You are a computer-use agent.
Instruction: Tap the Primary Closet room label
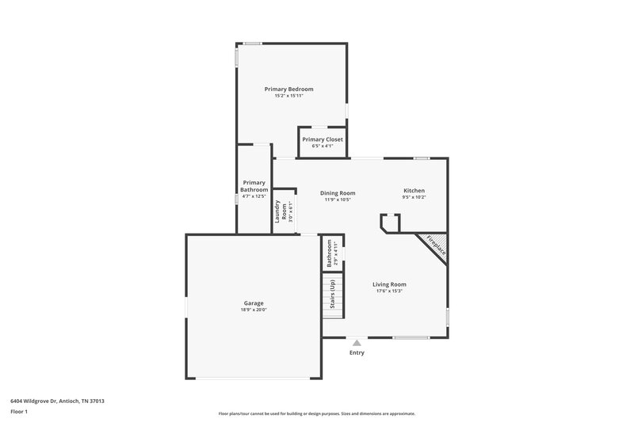point(323,139)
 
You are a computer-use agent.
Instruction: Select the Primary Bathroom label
point(254,186)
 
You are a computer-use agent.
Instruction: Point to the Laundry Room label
point(278,211)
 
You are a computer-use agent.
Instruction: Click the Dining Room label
point(338,192)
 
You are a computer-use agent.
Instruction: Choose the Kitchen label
point(414,191)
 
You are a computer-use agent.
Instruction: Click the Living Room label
point(390,284)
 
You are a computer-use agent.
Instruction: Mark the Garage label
point(254,303)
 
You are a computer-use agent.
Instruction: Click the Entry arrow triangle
point(357,343)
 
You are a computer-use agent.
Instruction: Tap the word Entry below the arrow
point(357,352)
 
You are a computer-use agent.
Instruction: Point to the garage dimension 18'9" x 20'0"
point(254,310)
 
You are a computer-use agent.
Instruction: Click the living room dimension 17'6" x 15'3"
point(390,291)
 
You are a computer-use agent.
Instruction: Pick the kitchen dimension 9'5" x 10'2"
point(414,198)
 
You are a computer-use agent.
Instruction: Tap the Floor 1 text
point(20,412)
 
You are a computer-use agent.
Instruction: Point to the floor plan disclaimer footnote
point(317,413)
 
